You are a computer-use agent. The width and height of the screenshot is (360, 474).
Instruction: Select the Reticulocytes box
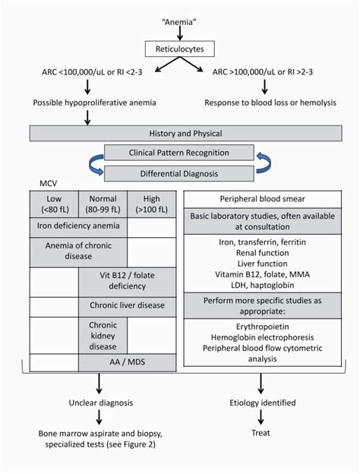(x=180, y=49)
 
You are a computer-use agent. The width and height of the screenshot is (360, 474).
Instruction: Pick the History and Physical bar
(x=180, y=132)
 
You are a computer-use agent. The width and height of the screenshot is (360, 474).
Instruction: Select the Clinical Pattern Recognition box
(x=179, y=153)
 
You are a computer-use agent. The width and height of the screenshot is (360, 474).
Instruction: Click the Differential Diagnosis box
(x=179, y=173)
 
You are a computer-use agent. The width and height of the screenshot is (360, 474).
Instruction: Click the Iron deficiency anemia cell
(x=78, y=226)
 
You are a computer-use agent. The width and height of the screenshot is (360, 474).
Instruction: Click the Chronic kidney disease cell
(x=103, y=333)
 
